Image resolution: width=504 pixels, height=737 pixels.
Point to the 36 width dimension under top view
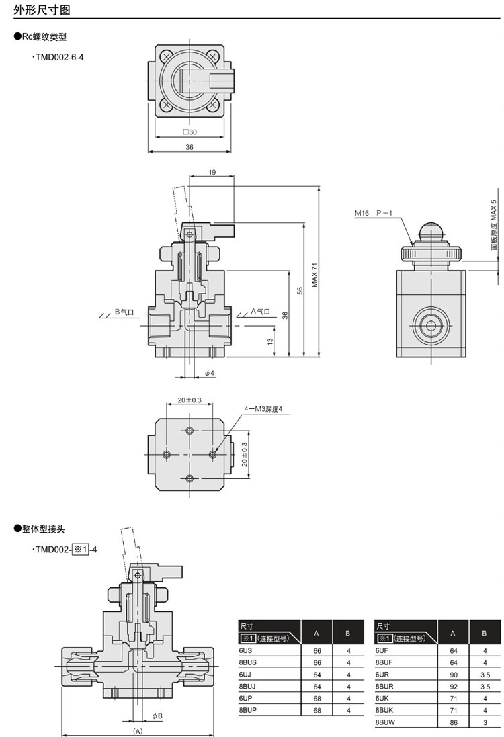pyautogui.click(x=190, y=147)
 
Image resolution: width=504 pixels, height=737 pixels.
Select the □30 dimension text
pyautogui.click(x=190, y=132)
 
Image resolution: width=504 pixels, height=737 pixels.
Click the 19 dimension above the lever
pyautogui.click(x=212, y=173)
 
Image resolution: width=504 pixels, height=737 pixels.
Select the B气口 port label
pyautogui.click(x=125, y=311)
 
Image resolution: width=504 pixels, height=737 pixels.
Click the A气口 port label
pyautogui.click(x=260, y=311)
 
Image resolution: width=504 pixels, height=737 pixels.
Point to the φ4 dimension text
pyautogui.click(x=209, y=373)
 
